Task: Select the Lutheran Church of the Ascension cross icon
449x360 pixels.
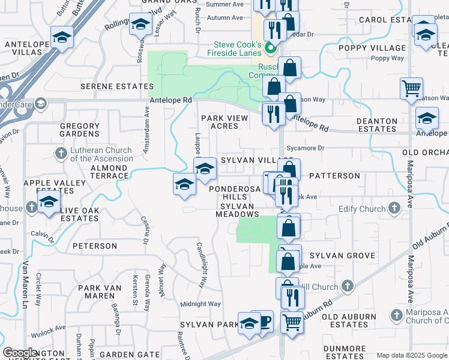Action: click(61, 154)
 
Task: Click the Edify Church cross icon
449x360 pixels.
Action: click(394, 208)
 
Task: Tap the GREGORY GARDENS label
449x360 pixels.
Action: click(79, 130)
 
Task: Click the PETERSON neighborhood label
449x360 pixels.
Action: click(95, 246)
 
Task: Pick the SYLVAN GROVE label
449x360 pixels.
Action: click(343, 256)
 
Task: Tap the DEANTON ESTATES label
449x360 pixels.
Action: click(376, 125)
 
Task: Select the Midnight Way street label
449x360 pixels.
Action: click(200, 304)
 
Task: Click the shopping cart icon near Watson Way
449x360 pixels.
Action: click(412, 88)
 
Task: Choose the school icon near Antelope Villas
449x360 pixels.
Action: click(62, 37)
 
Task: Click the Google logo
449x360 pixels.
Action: click(20, 353)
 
